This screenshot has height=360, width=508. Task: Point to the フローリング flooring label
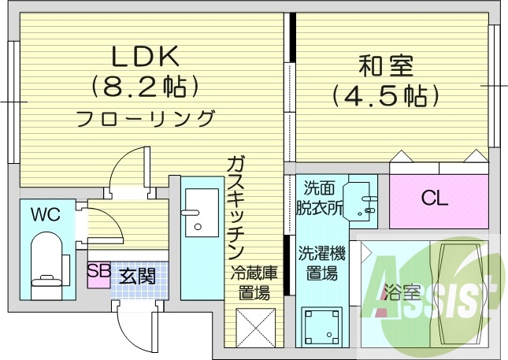146,119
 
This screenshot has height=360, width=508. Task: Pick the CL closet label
434,199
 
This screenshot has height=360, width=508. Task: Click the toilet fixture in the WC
44,264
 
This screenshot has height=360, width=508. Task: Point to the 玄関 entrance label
137,276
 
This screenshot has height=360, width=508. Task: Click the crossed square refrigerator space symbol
254,326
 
